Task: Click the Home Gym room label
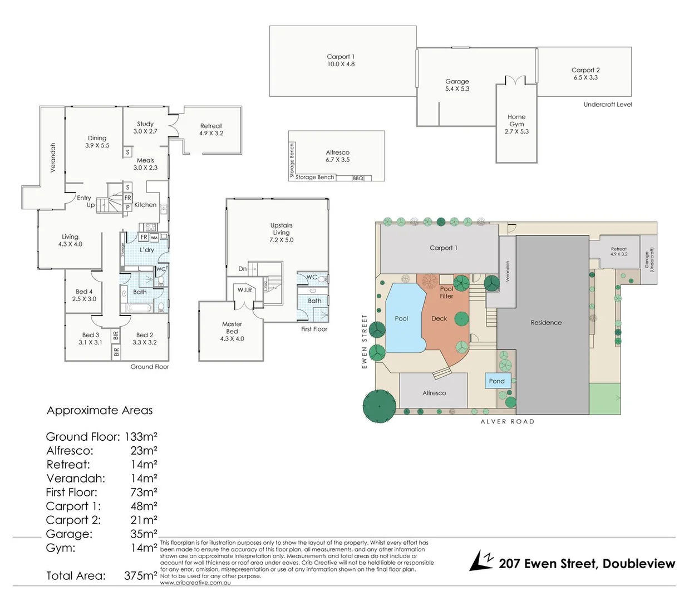tap(516, 124)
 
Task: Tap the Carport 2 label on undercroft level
tap(585, 73)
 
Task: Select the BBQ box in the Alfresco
tap(358, 178)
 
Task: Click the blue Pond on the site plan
tap(497, 381)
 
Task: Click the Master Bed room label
tap(232, 331)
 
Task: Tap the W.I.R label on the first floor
tap(245, 290)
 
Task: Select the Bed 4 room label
tap(84, 295)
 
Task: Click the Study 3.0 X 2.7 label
tap(145, 127)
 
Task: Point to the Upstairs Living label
tap(281, 232)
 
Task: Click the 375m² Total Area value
tap(140, 575)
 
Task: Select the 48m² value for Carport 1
tap(144, 506)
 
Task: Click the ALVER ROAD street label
tap(507, 422)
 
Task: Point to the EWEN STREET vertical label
tap(365, 341)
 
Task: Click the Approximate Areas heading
tap(100, 410)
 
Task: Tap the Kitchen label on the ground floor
tap(145, 205)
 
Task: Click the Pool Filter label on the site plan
tap(446, 293)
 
